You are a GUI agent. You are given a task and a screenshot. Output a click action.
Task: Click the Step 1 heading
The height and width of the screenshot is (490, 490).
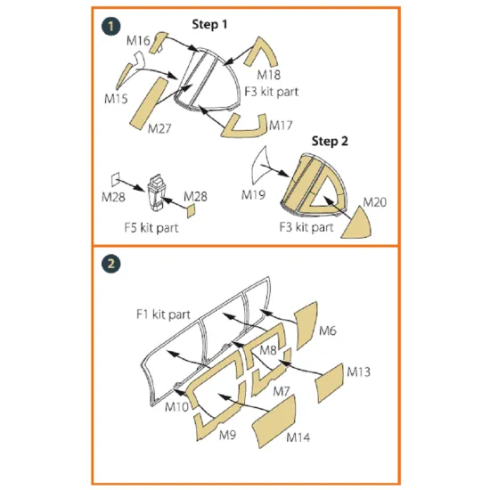pyautogui.click(x=211, y=24)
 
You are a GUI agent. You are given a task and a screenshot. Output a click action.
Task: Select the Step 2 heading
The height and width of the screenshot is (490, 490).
pyautogui.click(x=330, y=141)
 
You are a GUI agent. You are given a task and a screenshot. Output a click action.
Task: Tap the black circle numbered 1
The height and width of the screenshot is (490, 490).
pyautogui.click(x=110, y=27)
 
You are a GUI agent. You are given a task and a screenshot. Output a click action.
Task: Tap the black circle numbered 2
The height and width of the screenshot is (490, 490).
pyautogui.click(x=110, y=265)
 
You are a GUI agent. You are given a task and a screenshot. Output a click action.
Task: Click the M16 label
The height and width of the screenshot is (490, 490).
pyautogui.click(x=137, y=40)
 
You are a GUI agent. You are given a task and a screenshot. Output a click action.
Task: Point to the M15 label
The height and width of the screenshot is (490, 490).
pyautogui.click(x=118, y=97)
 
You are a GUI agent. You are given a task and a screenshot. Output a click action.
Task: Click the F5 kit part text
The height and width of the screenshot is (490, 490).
pyautogui.click(x=155, y=225)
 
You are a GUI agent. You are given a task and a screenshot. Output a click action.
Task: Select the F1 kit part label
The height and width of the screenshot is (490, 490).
pyautogui.click(x=162, y=314)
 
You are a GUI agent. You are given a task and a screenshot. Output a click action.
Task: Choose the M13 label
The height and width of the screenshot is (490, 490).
pyautogui.click(x=359, y=369)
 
